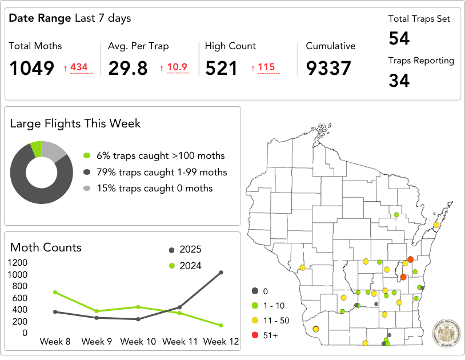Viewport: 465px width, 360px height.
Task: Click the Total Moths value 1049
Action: click(x=32, y=69)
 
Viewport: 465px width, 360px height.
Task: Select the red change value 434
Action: click(x=79, y=67)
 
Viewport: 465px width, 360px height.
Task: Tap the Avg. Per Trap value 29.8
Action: click(x=128, y=69)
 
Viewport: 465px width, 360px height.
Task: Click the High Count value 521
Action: click(x=222, y=69)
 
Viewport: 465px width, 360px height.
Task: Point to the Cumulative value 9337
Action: click(x=328, y=69)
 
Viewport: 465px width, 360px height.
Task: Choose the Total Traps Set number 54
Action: click(x=399, y=39)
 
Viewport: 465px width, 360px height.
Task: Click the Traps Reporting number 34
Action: click(x=399, y=81)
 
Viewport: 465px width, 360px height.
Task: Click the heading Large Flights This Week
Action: click(x=75, y=123)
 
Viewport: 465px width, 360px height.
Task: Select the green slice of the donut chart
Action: click(x=37, y=149)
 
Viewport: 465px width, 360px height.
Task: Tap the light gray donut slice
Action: click(x=55, y=151)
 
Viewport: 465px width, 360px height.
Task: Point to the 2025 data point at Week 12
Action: click(x=221, y=273)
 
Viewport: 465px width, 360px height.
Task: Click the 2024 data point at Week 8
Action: click(x=55, y=292)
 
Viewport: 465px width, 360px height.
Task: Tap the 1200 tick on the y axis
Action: click(x=17, y=263)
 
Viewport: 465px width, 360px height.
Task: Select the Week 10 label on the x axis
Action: click(x=138, y=342)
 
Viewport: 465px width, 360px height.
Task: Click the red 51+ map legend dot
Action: click(x=255, y=335)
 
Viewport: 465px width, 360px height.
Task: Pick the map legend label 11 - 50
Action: click(x=276, y=320)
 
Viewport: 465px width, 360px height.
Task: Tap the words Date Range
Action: click(x=40, y=18)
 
